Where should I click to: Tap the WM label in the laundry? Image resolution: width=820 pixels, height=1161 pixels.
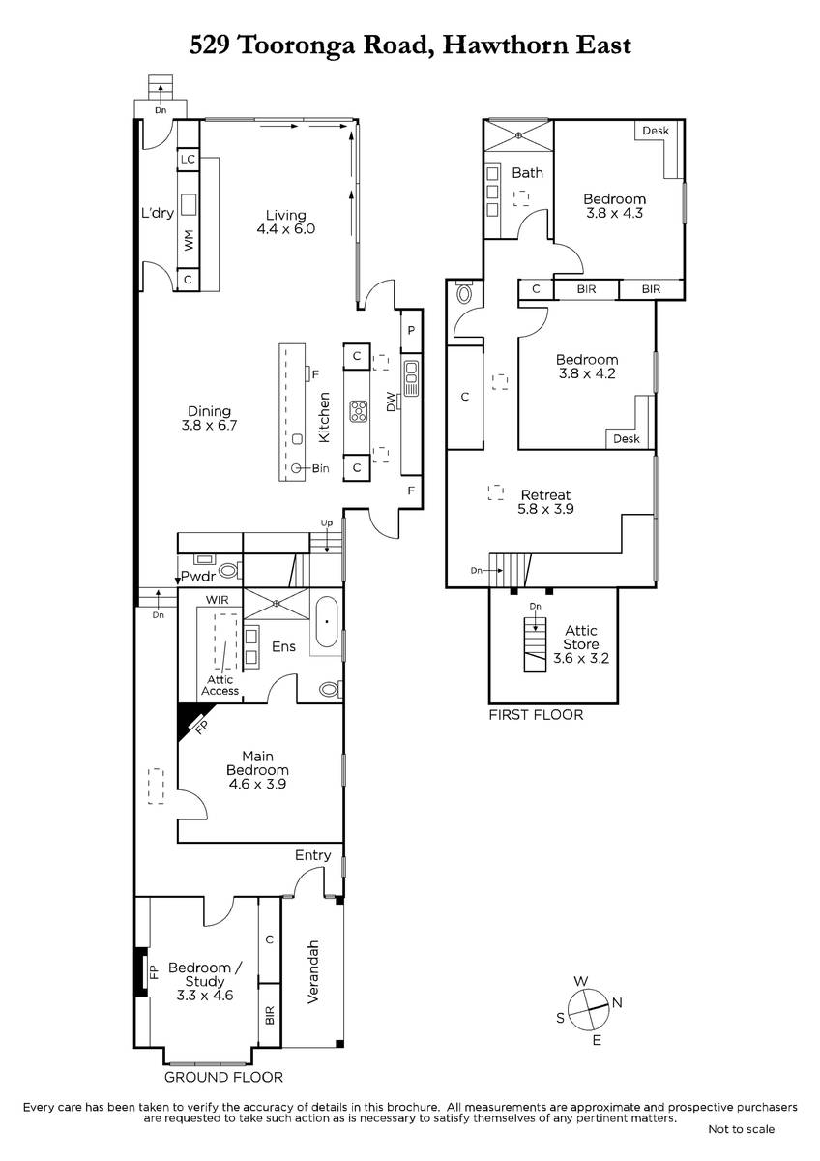point(189,240)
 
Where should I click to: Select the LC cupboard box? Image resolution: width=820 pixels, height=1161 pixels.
point(188,159)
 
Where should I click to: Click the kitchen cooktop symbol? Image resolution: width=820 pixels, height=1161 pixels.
point(359,411)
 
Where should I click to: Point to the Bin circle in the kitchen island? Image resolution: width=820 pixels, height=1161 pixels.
point(296,468)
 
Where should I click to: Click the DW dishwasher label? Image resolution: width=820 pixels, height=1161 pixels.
point(391,402)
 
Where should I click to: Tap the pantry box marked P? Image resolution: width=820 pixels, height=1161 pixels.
point(411,331)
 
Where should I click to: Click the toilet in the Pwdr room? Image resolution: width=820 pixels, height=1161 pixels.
point(228,571)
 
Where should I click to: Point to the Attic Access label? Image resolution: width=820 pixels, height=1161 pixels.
point(220,685)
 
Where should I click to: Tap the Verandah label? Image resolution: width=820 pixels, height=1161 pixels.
point(313,971)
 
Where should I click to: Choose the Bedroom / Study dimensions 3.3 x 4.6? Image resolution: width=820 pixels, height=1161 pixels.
point(205,996)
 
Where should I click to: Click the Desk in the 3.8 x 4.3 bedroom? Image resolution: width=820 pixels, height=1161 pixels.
point(659,149)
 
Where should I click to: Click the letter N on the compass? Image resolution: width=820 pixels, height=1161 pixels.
point(617,1003)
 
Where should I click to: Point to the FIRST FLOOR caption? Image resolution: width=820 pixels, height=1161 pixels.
point(536,715)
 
